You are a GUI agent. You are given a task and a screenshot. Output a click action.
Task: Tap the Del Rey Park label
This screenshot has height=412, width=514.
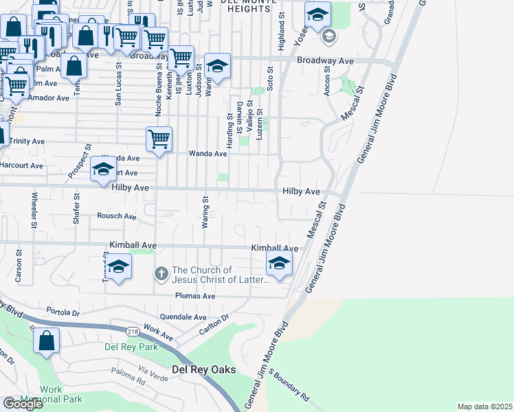click(131, 347)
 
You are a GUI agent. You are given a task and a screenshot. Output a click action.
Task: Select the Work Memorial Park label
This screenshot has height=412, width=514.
click(61, 394)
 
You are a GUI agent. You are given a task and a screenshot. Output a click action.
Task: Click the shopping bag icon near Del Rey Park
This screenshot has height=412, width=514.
click(47, 341)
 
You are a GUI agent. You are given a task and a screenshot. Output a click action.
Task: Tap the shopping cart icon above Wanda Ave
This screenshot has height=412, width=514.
click(159, 139)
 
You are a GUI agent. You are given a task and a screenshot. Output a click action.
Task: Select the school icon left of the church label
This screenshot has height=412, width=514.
click(118, 267)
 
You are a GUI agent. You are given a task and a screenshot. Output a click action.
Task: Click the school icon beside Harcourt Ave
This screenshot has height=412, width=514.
click(104, 169)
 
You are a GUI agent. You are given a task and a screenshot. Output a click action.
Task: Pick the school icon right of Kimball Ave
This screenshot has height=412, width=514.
click(279, 263)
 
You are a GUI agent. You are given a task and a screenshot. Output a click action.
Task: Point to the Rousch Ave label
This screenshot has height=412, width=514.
click(116, 216)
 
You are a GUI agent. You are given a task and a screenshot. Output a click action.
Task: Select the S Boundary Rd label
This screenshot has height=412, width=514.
click(289, 385)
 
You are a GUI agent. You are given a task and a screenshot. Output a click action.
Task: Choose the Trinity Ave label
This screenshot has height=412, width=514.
click(27, 141)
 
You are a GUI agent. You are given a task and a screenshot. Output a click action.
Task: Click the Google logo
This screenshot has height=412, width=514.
click(23, 404)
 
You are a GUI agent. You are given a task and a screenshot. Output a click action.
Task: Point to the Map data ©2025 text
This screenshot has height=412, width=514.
click(484, 407)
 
